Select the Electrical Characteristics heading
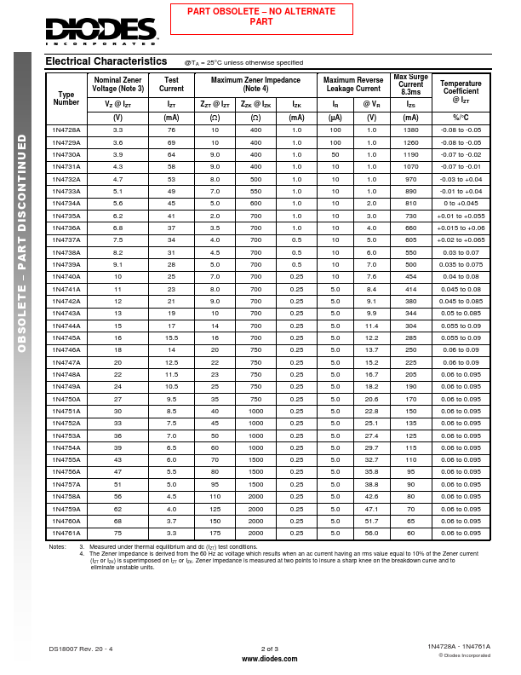(106, 62)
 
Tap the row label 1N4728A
(66, 130)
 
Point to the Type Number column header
(66, 97)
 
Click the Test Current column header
(171, 84)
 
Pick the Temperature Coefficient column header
(461, 93)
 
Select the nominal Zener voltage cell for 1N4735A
(117, 216)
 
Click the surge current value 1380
(411, 130)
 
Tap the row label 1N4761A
(66, 533)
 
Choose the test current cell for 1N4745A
(171, 338)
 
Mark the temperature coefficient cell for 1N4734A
(461, 204)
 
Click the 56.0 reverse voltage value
(371, 533)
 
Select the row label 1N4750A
(66, 399)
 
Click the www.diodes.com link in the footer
(269, 659)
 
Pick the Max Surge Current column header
(411, 84)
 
